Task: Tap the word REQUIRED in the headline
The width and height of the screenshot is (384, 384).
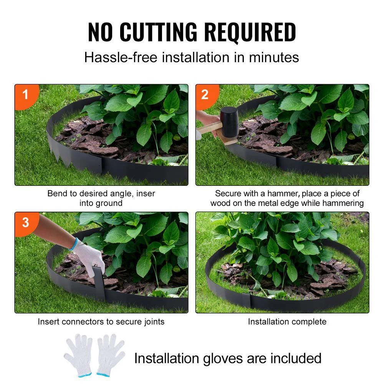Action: click(x=250, y=32)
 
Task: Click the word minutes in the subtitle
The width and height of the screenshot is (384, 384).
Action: click(x=274, y=58)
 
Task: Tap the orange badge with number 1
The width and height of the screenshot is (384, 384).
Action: click(x=25, y=94)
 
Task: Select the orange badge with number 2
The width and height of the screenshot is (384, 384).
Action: click(x=205, y=94)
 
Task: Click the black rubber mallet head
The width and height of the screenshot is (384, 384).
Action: click(x=229, y=122)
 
